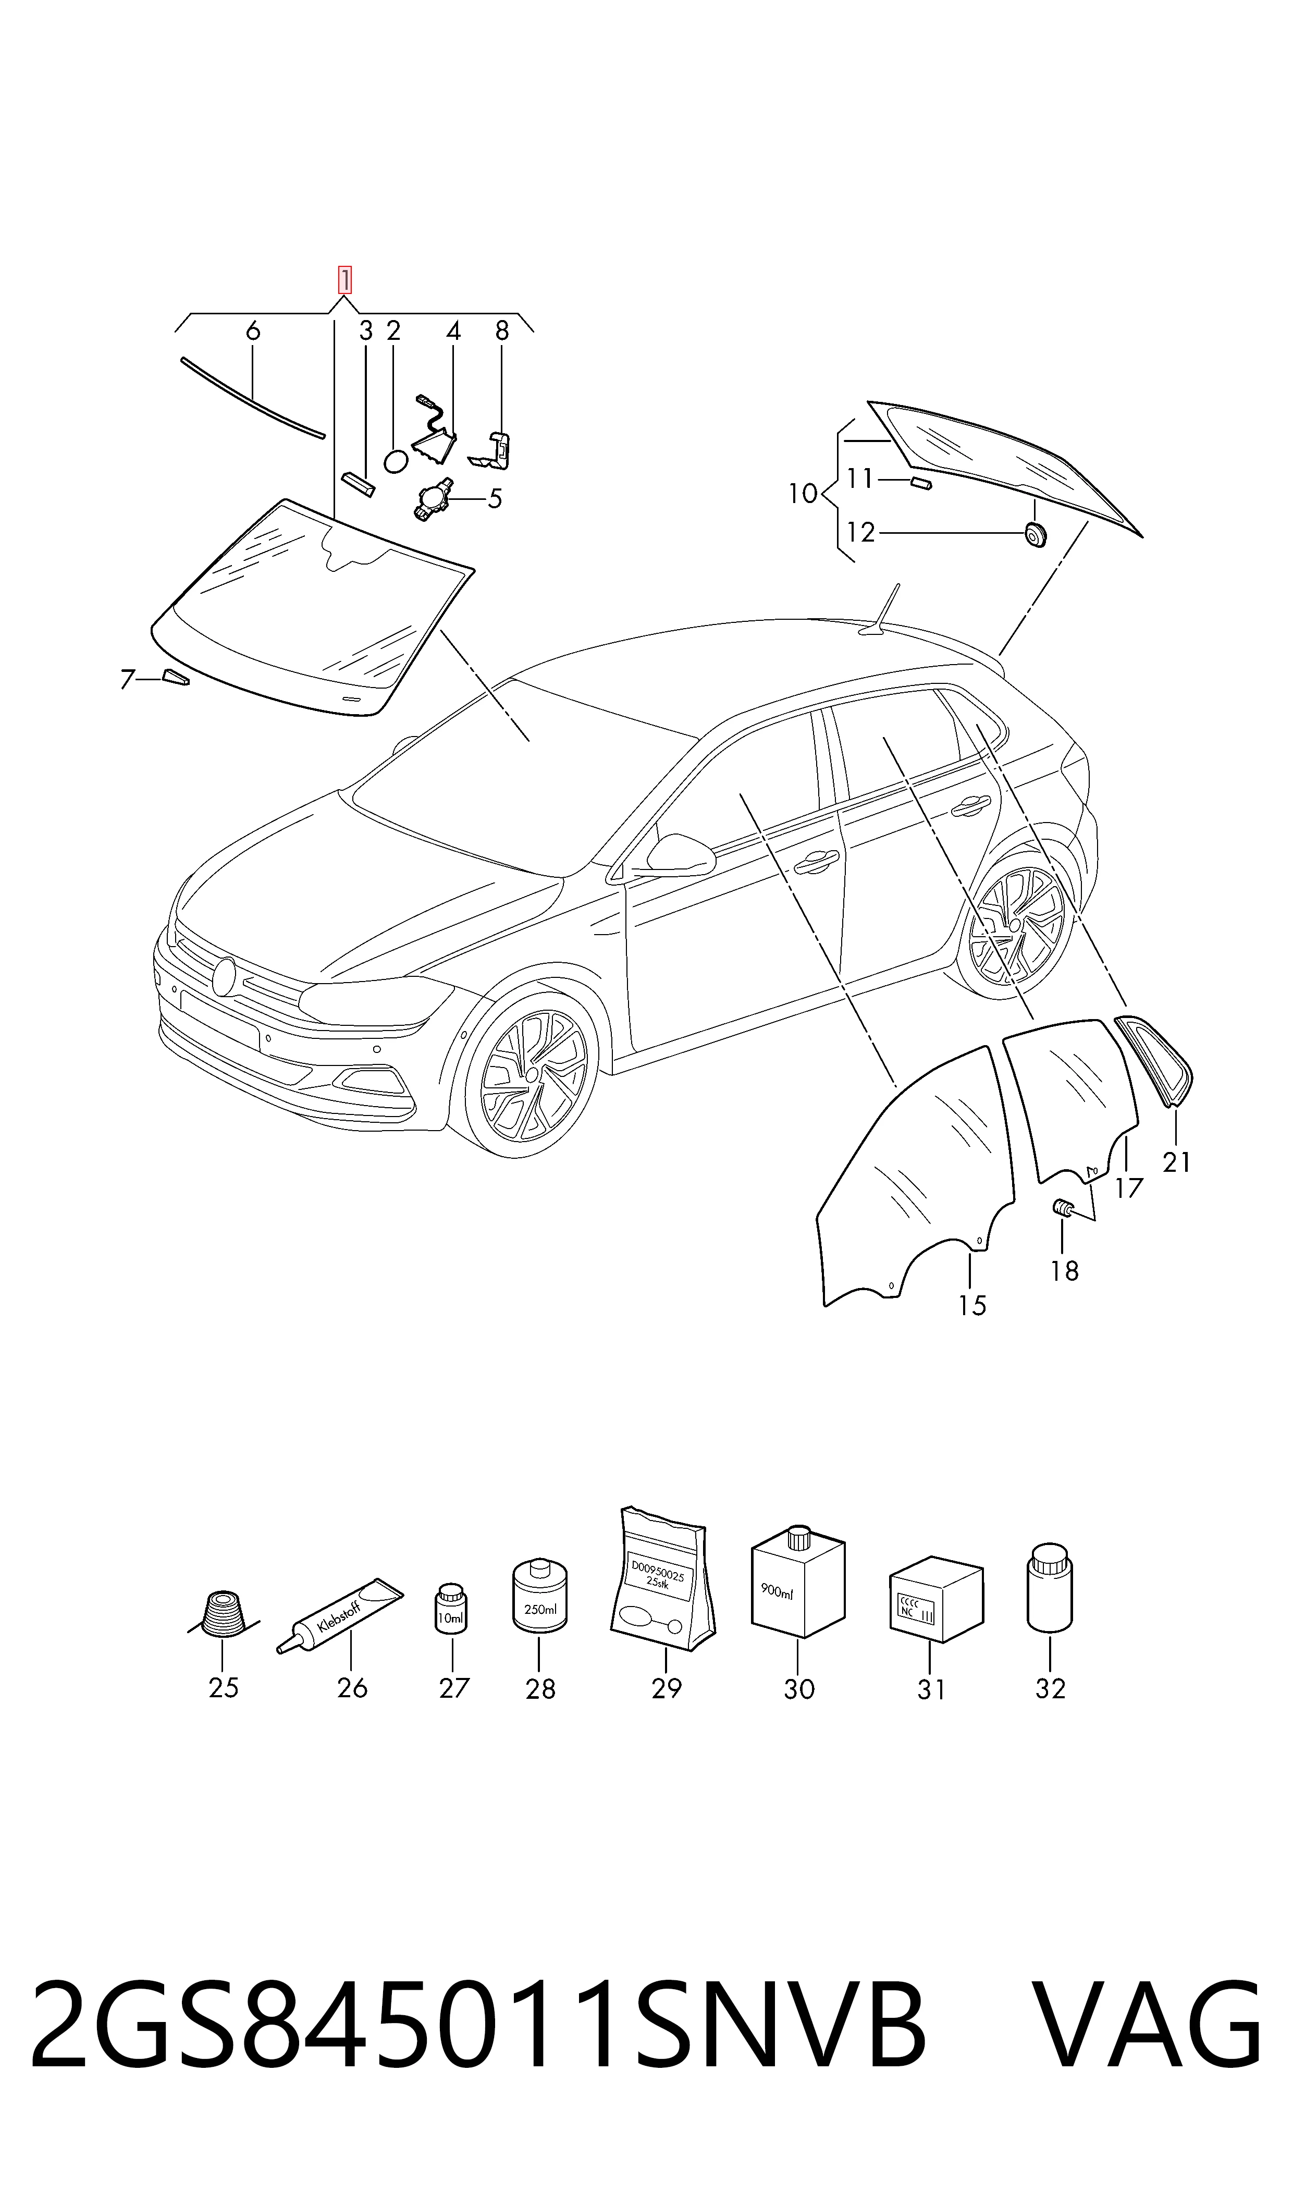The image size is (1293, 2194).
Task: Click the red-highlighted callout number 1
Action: pyautogui.click(x=345, y=280)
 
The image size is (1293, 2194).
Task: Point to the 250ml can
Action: pyautogui.click(x=539, y=1595)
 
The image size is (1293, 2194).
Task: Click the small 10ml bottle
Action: pyautogui.click(x=451, y=1608)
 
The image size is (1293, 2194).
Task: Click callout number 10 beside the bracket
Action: pyautogui.click(x=803, y=494)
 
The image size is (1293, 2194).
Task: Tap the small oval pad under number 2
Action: pyautogui.click(x=396, y=461)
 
